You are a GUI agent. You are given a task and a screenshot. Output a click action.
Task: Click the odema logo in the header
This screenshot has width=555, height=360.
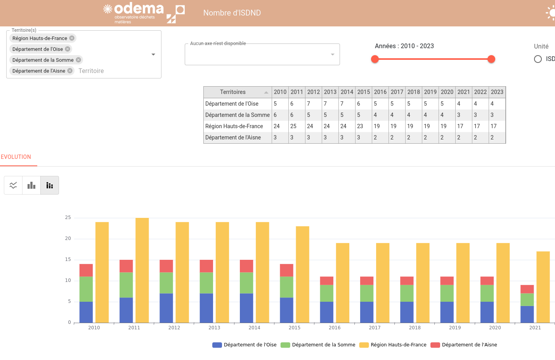[x=134, y=13]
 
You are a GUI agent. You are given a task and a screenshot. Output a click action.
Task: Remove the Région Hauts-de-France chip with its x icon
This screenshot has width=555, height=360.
[x=72, y=38]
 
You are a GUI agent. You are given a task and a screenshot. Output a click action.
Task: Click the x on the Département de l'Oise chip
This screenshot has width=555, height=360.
[x=68, y=49]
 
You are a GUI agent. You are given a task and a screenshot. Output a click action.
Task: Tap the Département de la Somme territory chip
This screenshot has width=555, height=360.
[x=43, y=60]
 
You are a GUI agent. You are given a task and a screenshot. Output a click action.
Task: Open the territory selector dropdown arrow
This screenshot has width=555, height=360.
[x=153, y=54]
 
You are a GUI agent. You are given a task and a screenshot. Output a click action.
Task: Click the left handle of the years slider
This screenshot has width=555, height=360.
[x=375, y=59]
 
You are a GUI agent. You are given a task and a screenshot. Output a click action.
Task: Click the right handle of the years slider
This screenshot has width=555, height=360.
[x=491, y=59]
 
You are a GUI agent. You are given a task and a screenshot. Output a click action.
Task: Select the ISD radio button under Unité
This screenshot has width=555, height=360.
[x=538, y=59]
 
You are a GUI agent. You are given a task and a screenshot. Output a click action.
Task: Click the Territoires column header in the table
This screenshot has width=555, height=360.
[x=233, y=92]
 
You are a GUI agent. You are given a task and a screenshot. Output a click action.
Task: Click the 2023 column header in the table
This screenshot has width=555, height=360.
[x=497, y=92]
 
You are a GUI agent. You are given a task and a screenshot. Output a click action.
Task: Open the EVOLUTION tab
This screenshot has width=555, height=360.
[x=16, y=157]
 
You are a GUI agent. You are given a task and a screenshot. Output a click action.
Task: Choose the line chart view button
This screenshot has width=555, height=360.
[x=13, y=185]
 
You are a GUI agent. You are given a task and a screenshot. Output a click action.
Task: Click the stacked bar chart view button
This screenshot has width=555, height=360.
[x=50, y=185]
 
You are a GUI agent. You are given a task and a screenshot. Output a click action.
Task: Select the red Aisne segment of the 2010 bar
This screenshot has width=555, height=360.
[x=86, y=270]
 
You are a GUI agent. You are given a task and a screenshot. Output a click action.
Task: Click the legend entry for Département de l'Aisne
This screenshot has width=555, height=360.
[x=464, y=345]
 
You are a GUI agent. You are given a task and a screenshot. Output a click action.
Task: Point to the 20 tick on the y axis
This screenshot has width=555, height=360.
[x=68, y=238]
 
